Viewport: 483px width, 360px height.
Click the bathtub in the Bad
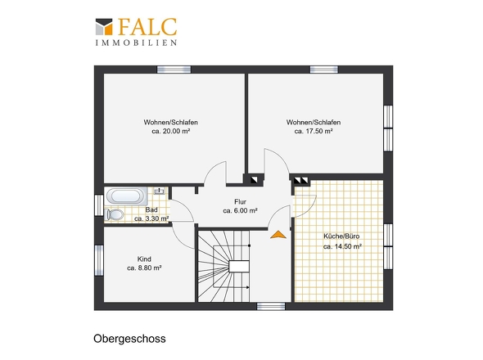126,196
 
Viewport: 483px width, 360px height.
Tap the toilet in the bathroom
114,214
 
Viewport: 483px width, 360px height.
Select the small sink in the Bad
160,191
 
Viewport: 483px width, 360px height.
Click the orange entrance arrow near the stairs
278,235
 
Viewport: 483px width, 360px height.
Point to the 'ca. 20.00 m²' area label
170,131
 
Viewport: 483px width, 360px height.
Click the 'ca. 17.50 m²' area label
314,131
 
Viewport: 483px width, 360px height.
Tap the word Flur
240,202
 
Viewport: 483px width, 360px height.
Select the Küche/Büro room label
341,236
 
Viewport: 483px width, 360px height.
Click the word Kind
144,259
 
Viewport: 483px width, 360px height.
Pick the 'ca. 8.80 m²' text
144,268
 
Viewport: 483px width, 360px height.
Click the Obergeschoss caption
129,339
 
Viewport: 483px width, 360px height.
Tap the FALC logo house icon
104,26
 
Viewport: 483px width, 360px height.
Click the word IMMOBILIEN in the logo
136,43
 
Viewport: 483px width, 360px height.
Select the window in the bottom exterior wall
271,306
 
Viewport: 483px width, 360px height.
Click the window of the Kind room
99,260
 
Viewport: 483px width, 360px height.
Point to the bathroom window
99,205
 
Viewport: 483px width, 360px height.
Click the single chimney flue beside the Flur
254,179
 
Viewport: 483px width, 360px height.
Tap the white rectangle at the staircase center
239,267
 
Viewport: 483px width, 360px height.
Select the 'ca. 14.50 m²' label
342,246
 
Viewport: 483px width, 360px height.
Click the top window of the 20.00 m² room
174,70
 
